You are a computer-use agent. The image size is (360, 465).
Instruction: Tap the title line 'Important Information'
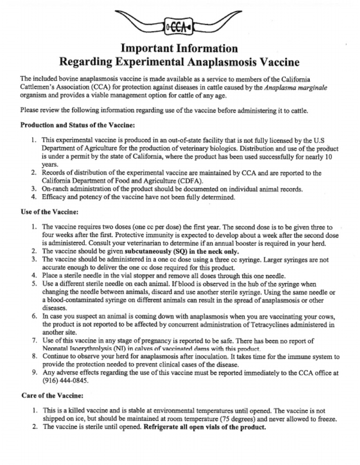coord(179,49)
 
